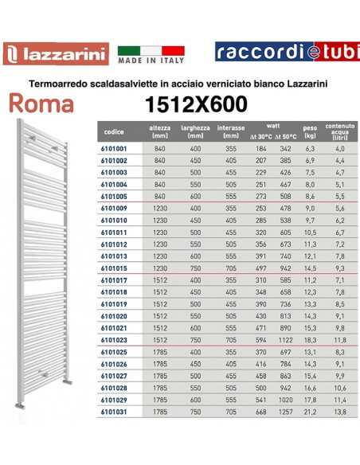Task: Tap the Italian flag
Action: click(151, 48)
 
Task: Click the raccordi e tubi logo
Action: click(286, 52)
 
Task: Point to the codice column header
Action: click(113, 131)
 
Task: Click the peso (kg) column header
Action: click(311, 131)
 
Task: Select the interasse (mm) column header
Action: click(232, 131)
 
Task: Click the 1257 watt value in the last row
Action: click(284, 411)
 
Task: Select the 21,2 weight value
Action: click(311, 411)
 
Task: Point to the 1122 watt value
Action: click(284, 339)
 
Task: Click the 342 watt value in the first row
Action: click(284, 149)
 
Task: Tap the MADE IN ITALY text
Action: click(151, 60)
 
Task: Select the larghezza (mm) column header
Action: click(195, 131)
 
